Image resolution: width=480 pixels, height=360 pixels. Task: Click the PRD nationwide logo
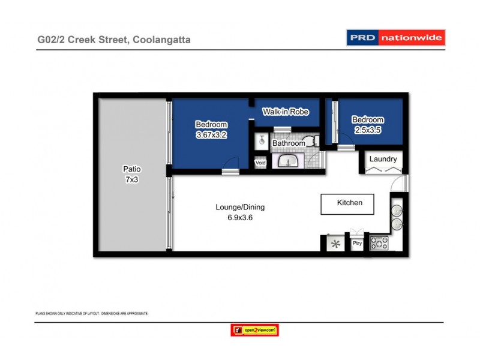click(395, 38)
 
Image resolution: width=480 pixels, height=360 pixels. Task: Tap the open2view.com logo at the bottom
click(255, 330)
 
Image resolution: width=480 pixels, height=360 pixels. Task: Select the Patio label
click(131, 169)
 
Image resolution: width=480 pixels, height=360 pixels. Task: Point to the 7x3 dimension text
click(131, 179)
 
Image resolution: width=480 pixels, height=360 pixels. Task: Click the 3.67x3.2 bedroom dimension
click(211, 135)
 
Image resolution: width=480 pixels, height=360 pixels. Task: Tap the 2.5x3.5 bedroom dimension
click(367, 130)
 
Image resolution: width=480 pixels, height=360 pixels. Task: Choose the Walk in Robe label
click(286, 112)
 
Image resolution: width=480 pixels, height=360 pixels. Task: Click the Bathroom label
click(289, 144)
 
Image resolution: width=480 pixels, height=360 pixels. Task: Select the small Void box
click(260, 163)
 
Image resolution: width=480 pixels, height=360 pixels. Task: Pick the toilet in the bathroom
click(310, 142)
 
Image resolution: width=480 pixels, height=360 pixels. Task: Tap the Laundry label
click(382, 159)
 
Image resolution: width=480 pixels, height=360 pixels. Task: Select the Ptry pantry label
click(357, 243)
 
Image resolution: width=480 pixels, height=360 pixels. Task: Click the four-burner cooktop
click(379, 243)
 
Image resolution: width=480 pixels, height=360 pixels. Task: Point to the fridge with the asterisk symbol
click(336, 244)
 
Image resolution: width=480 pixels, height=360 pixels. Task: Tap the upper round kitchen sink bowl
click(397, 211)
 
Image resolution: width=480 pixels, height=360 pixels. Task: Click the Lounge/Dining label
click(240, 208)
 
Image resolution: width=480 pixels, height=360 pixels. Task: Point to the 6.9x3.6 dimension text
click(240, 218)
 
